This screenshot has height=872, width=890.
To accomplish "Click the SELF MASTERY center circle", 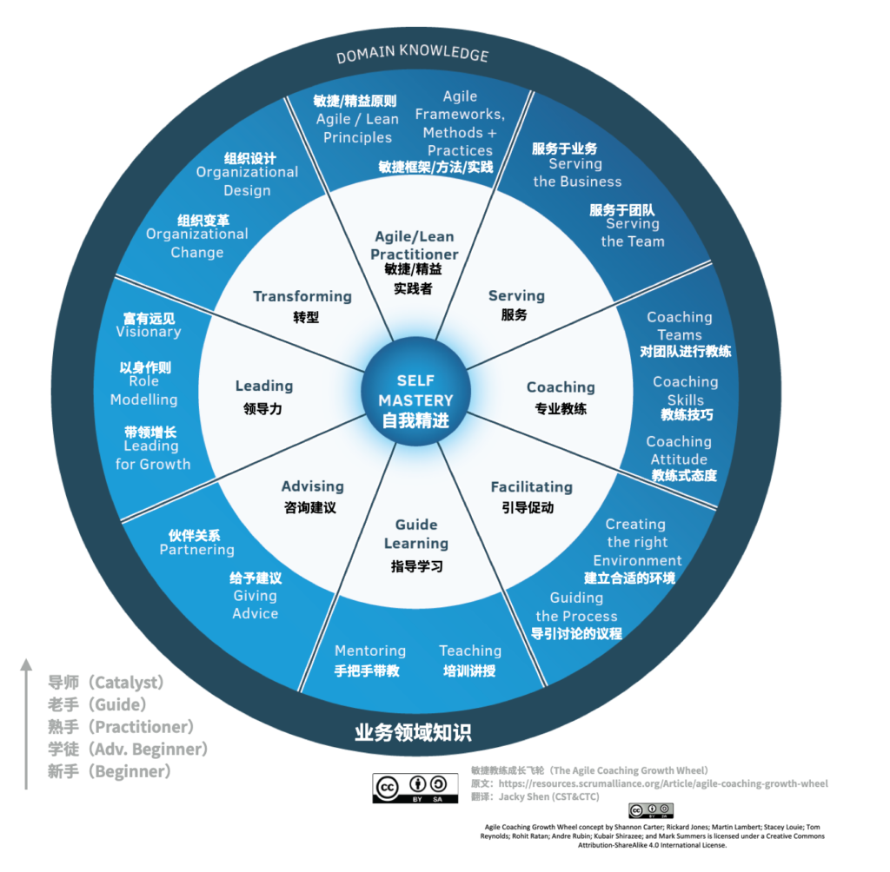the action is coord(415,392).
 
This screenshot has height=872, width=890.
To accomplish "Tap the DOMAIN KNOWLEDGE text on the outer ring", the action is coord(413,53).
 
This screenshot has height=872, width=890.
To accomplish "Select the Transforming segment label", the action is coord(302,297).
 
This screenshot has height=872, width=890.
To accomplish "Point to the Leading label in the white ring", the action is coord(264,386).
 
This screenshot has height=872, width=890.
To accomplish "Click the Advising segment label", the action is coord(313,486).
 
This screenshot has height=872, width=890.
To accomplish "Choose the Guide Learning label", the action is coord(416,534).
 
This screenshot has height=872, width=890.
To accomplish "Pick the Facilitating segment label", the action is coord(532,487).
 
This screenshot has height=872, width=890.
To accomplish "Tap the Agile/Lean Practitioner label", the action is coord(415,245).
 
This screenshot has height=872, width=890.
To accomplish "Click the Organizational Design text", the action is coord(247,181).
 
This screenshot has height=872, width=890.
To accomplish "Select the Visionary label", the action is coord(149,331).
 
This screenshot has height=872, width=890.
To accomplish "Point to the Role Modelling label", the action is coord(143,390).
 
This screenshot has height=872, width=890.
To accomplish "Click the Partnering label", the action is coord(197,550).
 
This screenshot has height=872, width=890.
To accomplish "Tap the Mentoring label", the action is coord(370,651).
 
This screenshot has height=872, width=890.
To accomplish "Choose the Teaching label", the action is coord(470,651).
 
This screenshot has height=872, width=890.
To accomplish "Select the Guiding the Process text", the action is coord(576,607).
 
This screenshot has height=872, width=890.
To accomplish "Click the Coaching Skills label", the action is coord(686,390).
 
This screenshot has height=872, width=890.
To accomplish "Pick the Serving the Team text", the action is coord(633,233).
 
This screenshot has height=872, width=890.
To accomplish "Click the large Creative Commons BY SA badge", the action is coord(415,788).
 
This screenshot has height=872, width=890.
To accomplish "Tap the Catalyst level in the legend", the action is coord(105,682).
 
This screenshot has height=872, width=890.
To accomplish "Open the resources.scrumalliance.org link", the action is coord(663,783).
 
